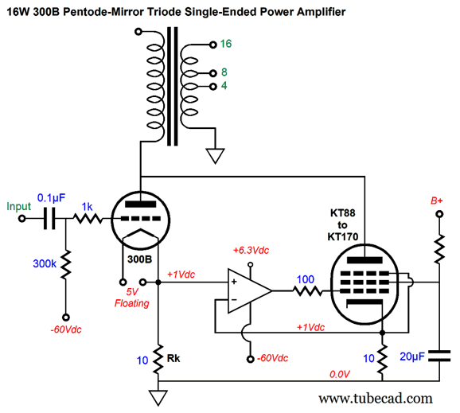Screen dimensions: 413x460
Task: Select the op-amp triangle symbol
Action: point(247,291)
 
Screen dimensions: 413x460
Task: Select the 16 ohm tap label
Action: point(227,44)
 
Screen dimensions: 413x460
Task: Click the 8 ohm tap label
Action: point(224,72)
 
